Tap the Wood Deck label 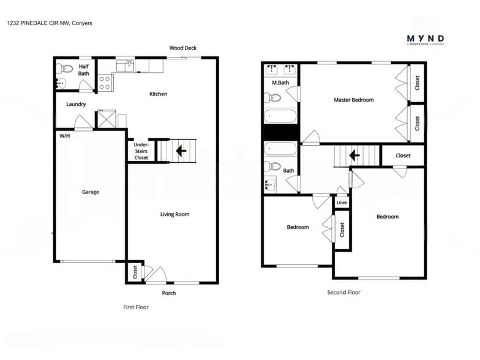pos(182,48)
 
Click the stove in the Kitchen pos(105,83)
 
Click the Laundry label pos(76,104)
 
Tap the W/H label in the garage pos(64,136)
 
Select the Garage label pos(91,192)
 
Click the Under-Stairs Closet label pos(141,151)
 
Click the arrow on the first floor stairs pos(181,150)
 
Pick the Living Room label pos(174,214)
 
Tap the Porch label pos(168,293)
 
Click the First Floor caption pos(136,307)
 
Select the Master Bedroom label pos(353,100)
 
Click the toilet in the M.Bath pos(272,97)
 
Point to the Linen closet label pos(342,203)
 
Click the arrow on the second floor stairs pos(354,156)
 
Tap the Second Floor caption pos(343,292)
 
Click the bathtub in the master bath pos(280,117)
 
